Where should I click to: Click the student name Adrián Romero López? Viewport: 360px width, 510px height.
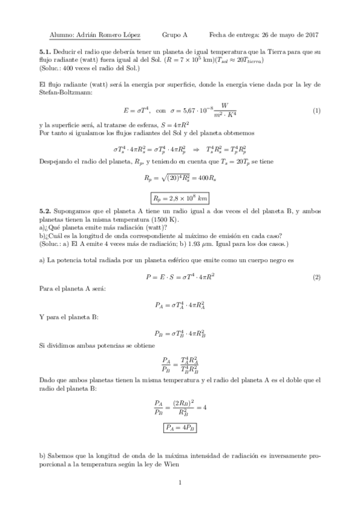102,35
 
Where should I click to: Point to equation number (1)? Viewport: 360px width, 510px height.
317,111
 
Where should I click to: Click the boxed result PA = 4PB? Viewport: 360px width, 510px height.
180,428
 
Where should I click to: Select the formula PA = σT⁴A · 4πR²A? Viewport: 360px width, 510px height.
180,306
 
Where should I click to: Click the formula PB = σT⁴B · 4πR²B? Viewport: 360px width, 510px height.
180,333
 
